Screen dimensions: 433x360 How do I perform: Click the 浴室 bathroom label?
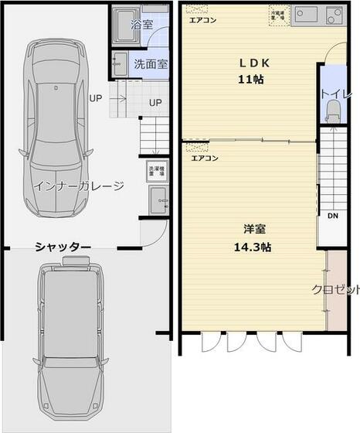pos(142,25)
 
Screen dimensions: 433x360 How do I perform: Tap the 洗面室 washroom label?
pos(151,64)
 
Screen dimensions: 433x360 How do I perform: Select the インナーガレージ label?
pos(78,186)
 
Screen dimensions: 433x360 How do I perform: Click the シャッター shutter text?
pos(63,247)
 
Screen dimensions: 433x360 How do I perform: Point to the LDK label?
pos(253,63)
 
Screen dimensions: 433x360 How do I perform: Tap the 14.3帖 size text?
pos(253,247)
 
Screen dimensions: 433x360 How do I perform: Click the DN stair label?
pos(333,216)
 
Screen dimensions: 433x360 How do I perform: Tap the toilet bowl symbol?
pos(333,114)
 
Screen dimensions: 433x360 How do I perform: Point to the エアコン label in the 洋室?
pos(205,158)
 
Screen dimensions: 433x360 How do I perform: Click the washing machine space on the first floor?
pos(155,170)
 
